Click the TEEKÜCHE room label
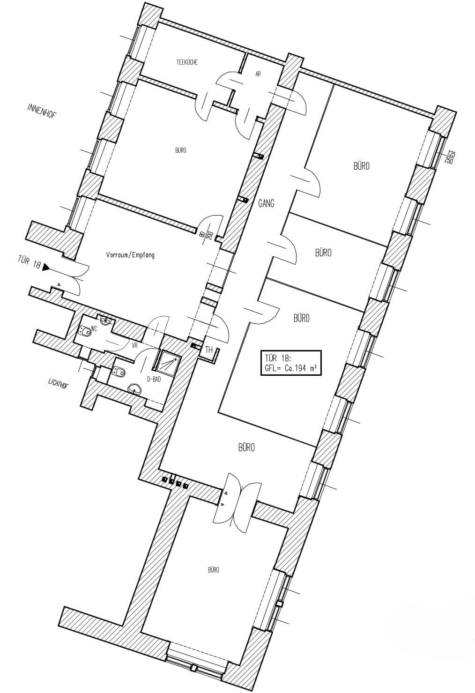pyautogui.click(x=186, y=62)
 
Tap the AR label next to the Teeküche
pyautogui.click(x=258, y=74)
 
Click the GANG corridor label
pyautogui.click(x=266, y=203)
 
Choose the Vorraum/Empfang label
pyautogui.click(x=130, y=255)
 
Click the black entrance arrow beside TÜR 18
pyautogui.click(x=46, y=267)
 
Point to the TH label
pyautogui.click(x=209, y=350)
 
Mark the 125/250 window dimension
pyautogui.click(x=451, y=157)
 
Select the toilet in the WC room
pyautogui.click(x=85, y=331)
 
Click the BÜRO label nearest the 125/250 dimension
pyautogui.click(x=361, y=166)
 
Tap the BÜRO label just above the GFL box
pyautogui.click(x=301, y=318)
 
